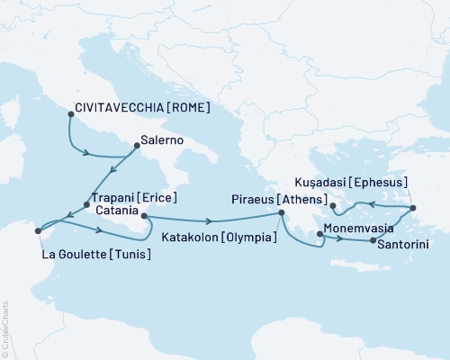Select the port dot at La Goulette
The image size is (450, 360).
tap(37, 231)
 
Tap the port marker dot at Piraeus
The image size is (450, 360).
tap(281, 212)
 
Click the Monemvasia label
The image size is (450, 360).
tap(360, 229)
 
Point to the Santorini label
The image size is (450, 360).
tap(408, 243)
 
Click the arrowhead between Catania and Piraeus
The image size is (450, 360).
tap(210, 221)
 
